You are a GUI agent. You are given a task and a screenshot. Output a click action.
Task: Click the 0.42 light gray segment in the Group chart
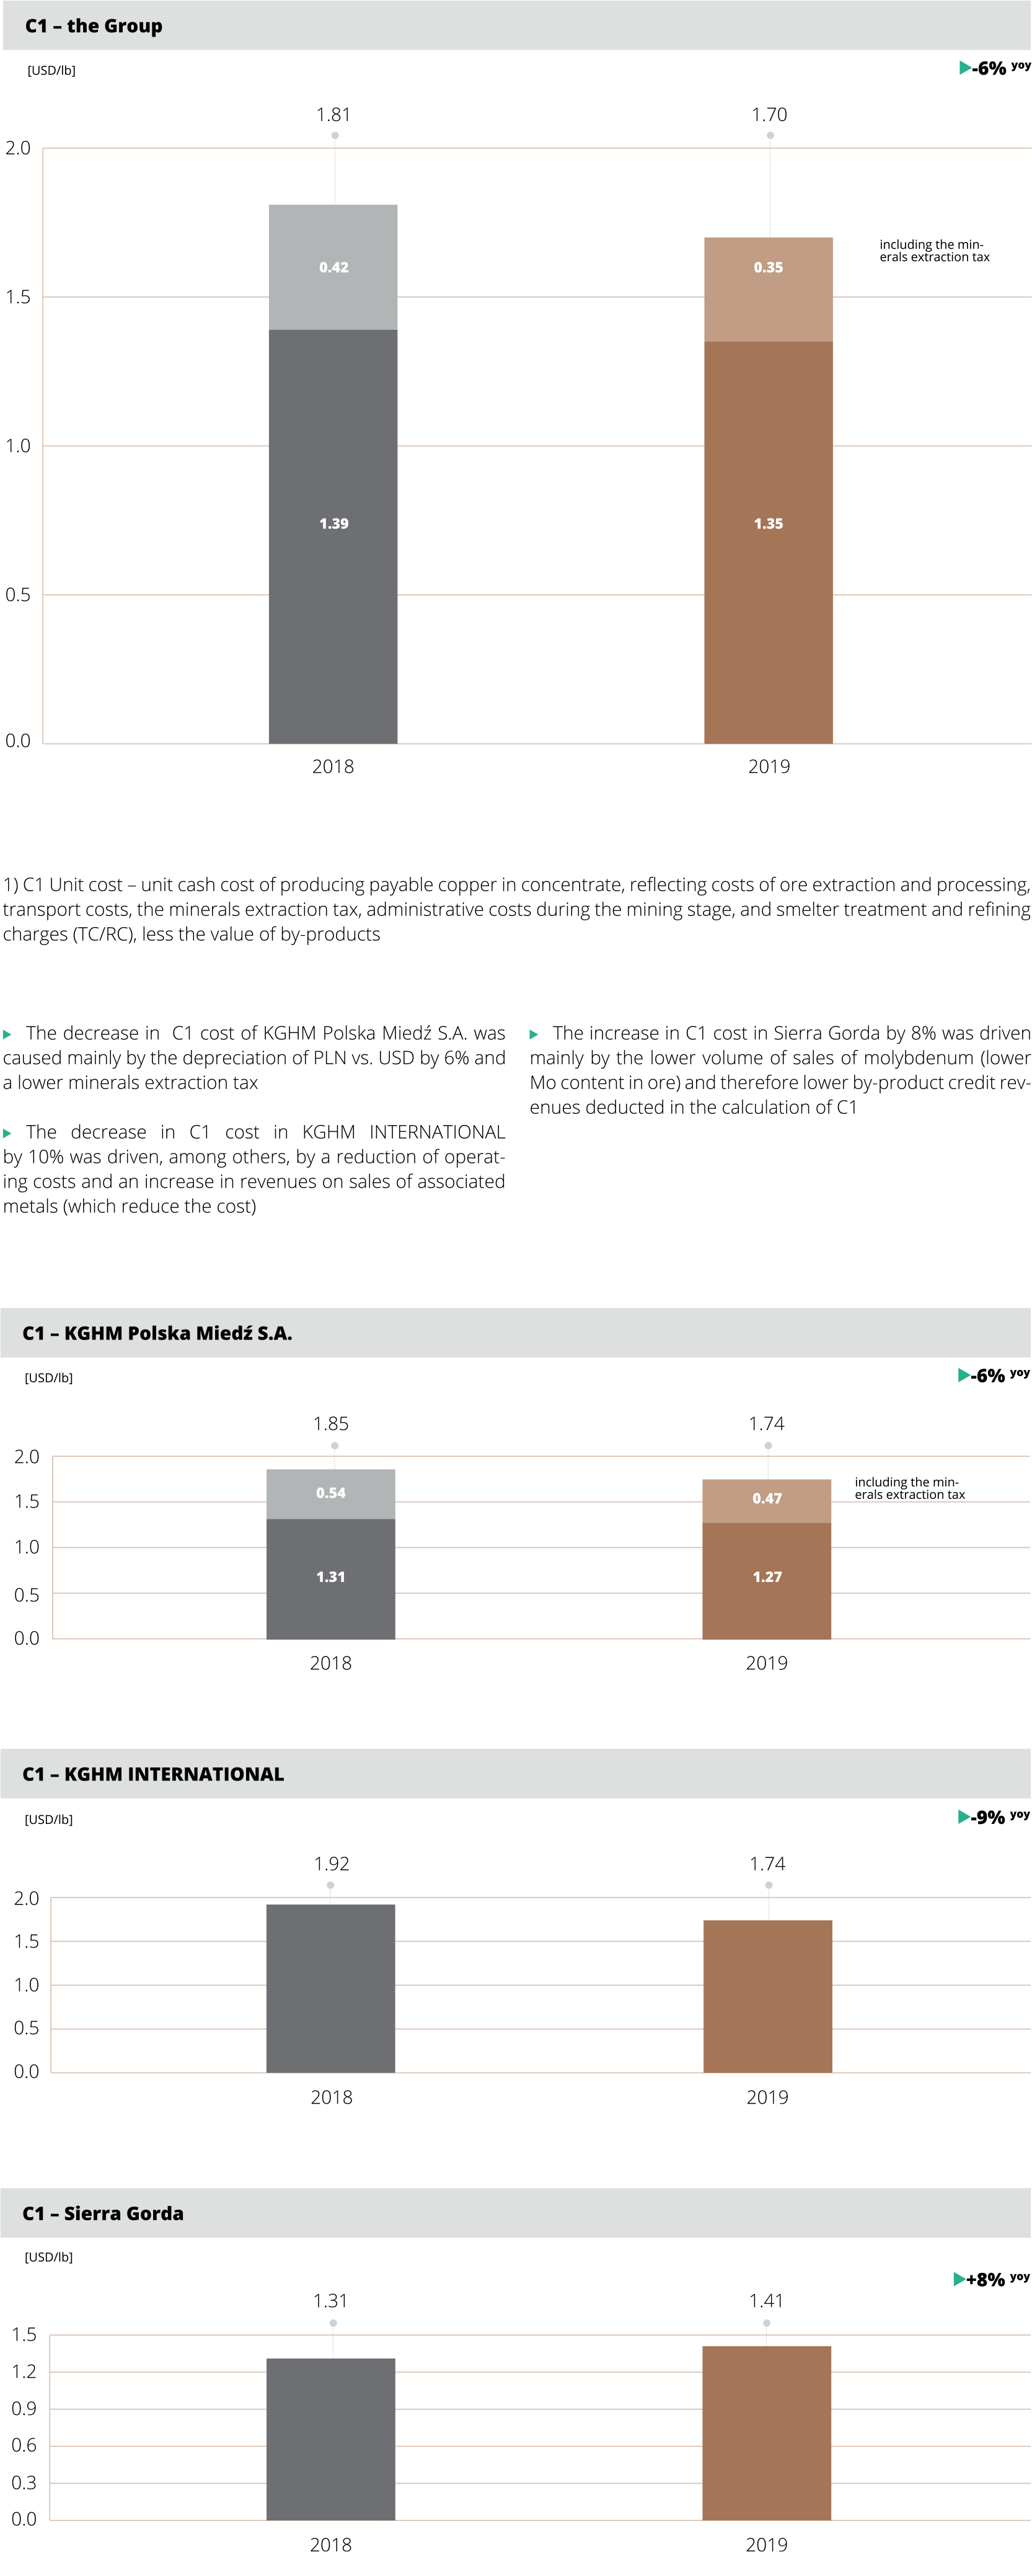(x=333, y=267)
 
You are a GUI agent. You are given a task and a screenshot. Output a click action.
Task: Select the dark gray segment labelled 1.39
(x=333, y=536)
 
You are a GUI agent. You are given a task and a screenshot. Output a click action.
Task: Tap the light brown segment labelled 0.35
(x=767, y=289)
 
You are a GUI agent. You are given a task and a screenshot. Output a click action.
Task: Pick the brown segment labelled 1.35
(x=767, y=542)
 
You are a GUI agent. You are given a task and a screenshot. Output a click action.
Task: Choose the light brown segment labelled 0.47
(x=767, y=1500)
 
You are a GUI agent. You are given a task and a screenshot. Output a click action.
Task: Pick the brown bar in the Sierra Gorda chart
(x=767, y=2432)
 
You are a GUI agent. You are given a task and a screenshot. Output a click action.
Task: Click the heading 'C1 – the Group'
(x=94, y=26)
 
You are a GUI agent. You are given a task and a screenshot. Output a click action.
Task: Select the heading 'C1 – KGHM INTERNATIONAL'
(x=154, y=1773)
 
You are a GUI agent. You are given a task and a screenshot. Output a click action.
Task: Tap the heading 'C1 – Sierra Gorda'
(x=103, y=2213)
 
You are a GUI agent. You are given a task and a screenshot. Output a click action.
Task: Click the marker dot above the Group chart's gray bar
(x=335, y=135)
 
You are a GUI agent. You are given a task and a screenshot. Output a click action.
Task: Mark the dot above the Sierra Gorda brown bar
(x=767, y=2323)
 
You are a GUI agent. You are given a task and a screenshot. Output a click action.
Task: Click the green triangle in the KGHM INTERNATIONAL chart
(x=964, y=1816)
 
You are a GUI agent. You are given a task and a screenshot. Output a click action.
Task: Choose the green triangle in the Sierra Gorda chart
(x=959, y=2279)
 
